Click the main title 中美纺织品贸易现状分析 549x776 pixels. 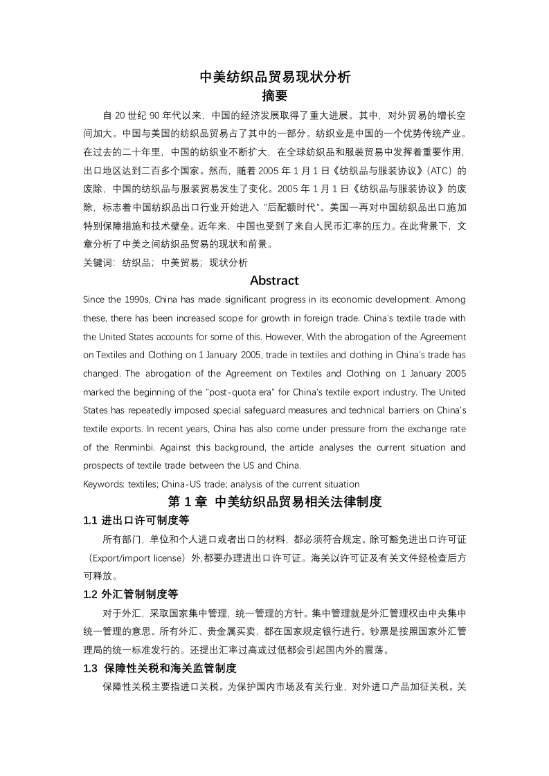click(x=275, y=77)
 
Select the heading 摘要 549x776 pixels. click(x=275, y=95)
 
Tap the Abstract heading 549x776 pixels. click(x=274, y=280)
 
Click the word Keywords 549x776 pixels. click(x=102, y=483)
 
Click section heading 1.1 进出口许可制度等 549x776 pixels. click(x=136, y=520)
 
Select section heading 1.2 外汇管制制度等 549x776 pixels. click(x=136, y=593)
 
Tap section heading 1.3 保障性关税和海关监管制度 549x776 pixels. click(x=160, y=668)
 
